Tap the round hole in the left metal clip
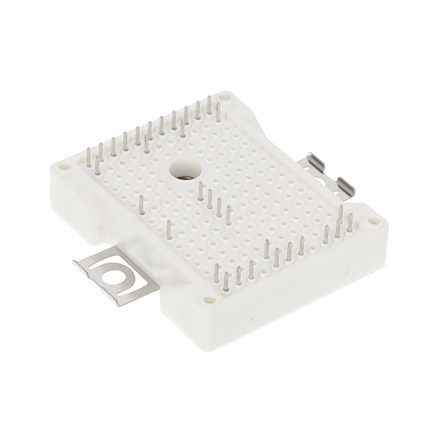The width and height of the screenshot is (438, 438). point(111,279)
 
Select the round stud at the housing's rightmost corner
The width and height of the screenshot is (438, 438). point(373,221)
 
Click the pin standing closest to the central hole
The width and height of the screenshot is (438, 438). point(201,191)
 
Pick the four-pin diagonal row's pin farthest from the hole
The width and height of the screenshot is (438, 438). point(228,215)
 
